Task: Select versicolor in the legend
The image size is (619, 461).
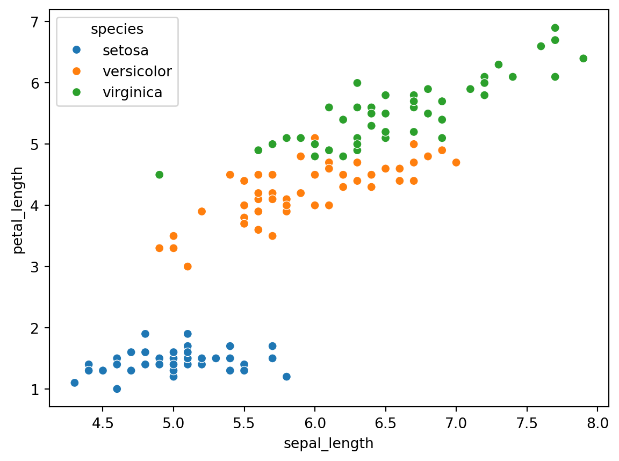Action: (x=137, y=71)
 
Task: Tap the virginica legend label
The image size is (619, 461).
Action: (x=132, y=92)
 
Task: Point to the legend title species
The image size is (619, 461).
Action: (x=117, y=30)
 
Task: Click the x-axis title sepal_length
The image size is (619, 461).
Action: (x=329, y=444)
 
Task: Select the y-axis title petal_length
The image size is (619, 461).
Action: (x=19, y=210)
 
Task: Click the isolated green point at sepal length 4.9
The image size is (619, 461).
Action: (x=159, y=175)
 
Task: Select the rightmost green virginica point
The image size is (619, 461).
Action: (x=583, y=59)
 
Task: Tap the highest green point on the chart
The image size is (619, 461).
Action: (x=555, y=28)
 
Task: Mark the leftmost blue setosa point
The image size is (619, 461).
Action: (x=74, y=383)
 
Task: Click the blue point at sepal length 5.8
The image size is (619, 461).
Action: (x=286, y=377)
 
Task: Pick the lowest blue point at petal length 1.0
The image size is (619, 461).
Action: (x=117, y=388)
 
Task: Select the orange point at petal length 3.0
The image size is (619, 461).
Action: (x=188, y=266)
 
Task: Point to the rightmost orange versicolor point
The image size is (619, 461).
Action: (x=456, y=162)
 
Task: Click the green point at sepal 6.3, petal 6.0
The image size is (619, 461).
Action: (x=357, y=83)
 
